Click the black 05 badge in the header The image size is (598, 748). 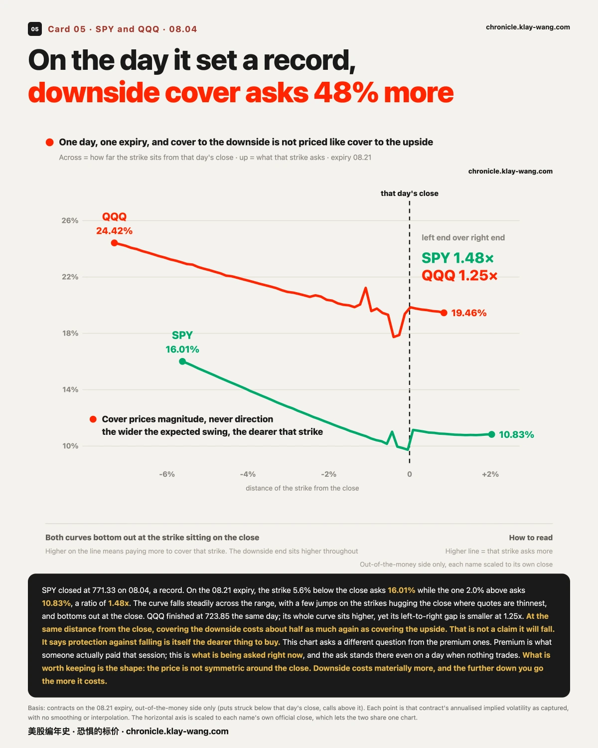(x=35, y=29)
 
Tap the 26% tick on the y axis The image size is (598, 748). (x=70, y=220)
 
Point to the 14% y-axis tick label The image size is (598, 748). (x=70, y=389)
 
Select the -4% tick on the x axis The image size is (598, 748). (x=248, y=474)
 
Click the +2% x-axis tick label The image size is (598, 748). (x=490, y=474)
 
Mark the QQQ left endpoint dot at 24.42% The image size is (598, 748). (x=114, y=243)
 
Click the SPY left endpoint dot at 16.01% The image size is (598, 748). (x=182, y=362)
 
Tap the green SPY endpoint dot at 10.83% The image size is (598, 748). (x=492, y=434)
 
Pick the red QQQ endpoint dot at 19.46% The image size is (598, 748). (x=444, y=313)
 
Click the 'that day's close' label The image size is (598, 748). (x=409, y=193)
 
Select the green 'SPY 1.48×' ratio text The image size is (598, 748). (x=457, y=258)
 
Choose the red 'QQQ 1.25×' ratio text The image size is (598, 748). (x=459, y=276)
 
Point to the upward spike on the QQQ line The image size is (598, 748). (x=366, y=288)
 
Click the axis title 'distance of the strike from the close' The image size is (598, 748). (x=302, y=488)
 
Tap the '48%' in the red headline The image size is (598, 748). (x=346, y=93)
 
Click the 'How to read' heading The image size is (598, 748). (x=531, y=538)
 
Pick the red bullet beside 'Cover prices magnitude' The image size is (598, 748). (x=93, y=419)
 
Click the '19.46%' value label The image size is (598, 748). (x=469, y=313)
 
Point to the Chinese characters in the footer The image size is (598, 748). (x=73, y=732)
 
